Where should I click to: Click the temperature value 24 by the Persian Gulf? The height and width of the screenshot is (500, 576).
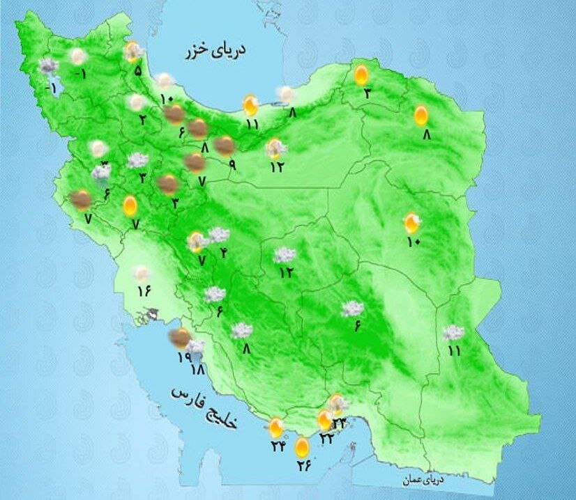coord(278,444)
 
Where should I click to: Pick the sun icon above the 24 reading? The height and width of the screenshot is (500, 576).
coord(278,427)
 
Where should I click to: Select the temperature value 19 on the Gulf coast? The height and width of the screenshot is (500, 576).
coord(183,357)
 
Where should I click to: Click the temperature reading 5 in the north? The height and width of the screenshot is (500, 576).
coord(138,70)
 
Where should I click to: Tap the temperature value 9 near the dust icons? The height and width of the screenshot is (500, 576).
coord(232,166)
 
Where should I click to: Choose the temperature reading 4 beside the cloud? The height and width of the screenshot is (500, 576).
coord(224,252)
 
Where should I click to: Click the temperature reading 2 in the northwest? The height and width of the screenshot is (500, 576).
coord(142,119)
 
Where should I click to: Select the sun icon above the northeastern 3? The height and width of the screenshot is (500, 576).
coord(361,75)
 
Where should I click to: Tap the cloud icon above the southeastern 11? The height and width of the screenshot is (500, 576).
coord(454,333)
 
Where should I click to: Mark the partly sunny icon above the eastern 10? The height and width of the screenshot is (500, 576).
coord(412,223)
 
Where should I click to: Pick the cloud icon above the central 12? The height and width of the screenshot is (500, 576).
coord(284,256)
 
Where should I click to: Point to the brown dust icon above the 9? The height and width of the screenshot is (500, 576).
coord(225,146)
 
